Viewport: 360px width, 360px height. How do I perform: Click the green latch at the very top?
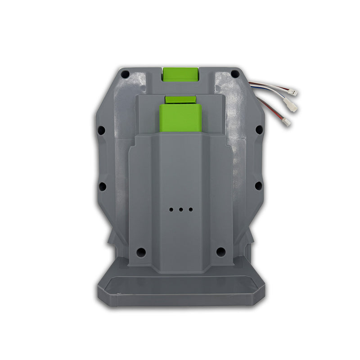click(x=180, y=74)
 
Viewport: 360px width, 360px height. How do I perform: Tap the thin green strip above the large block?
click(x=180, y=99)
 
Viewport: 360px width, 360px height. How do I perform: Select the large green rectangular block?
click(x=180, y=118)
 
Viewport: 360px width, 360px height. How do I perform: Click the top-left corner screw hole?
click(x=126, y=74)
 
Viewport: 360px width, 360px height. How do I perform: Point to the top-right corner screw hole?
click(x=234, y=74)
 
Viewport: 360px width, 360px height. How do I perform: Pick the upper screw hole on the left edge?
click(x=102, y=130)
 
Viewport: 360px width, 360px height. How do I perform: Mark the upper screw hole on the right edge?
click(x=259, y=130)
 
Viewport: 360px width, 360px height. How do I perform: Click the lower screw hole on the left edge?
click(x=102, y=185)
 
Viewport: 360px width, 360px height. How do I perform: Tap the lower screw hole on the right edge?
click(x=259, y=185)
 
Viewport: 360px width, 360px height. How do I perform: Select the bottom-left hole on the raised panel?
click(x=141, y=252)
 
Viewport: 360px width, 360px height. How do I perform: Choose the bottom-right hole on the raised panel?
click(x=220, y=252)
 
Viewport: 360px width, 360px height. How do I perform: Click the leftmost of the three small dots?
click(x=171, y=210)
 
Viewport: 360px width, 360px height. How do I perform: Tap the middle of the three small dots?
click(x=180, y=210)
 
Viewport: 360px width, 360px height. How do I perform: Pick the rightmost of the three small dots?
click(x=190, y=210)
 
